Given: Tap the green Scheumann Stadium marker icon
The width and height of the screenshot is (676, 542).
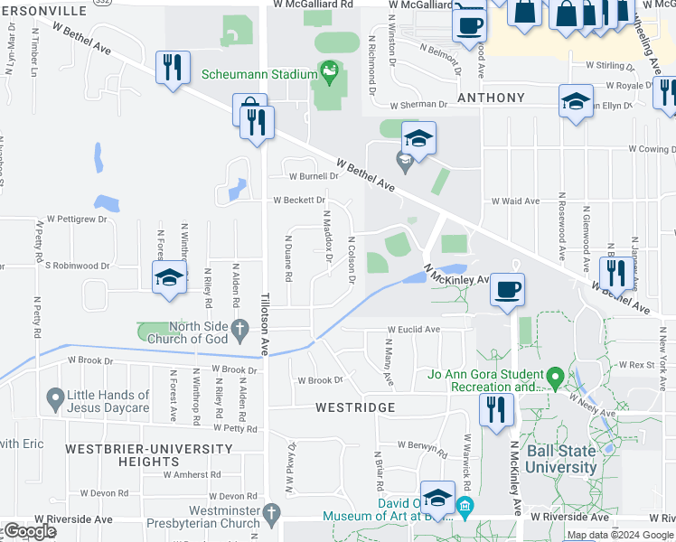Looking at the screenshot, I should (328, 70).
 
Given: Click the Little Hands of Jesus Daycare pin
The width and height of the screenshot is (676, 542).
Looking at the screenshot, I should (55, 397).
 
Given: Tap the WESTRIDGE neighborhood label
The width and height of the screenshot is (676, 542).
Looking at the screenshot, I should (356, 407).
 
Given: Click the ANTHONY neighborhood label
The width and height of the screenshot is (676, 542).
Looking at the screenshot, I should (491, 98).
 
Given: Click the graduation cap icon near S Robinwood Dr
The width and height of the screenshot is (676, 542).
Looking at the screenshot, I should (169, 277).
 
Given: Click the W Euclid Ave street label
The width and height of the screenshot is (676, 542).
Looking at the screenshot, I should (413, 330).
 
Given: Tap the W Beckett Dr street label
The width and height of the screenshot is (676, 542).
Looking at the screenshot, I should (299, 200).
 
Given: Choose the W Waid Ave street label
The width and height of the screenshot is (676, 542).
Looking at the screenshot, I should (515, 201).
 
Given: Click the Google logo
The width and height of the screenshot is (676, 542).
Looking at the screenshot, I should (30, 531).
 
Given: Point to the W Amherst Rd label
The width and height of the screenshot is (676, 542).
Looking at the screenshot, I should (192, 474).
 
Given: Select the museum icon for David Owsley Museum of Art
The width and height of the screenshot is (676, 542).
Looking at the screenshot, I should (465, 505).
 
